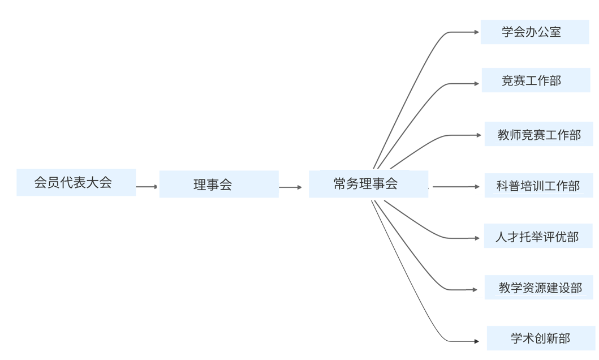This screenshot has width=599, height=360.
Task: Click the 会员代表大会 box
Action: coord(76,182)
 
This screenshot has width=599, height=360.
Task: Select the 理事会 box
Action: coord(219,185)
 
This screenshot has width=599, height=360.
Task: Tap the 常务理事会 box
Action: coord(368,184)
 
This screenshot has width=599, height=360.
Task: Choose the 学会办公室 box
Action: coord(535,32)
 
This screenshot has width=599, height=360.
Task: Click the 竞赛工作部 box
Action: coord(536,80)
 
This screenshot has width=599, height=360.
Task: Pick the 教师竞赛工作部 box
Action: coord(538,134)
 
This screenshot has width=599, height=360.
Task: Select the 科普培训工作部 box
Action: coord(538,186)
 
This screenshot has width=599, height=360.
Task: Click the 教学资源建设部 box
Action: coord(540,288)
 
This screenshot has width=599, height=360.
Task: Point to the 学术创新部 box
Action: coord(541,338)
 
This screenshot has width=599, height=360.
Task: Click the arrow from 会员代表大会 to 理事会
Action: coord(147,187)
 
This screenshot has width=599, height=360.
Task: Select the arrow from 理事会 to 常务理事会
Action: coord(291,187)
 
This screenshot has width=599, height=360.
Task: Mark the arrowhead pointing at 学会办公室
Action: coord(476,32)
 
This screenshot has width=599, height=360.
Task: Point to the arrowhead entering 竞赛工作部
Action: coord(476,84)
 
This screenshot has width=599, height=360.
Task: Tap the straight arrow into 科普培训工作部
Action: coord(456,187)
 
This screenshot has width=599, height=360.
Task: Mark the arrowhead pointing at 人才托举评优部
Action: coord(477,238)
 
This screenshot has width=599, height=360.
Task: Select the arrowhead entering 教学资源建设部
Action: coord(475,290)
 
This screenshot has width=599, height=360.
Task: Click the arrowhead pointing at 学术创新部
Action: coord(476,341)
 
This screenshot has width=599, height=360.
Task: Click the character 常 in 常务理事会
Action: coord(340,183)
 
